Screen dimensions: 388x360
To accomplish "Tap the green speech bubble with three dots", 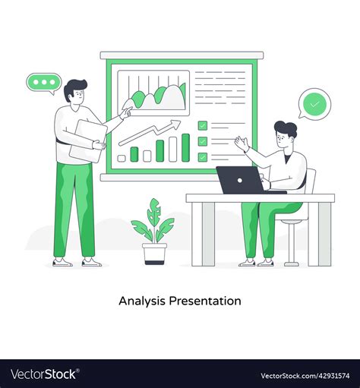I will (x=43, y=82).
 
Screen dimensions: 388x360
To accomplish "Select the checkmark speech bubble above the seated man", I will (x=314, y=103).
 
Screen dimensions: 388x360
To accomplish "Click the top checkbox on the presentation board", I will (x=203, y=125).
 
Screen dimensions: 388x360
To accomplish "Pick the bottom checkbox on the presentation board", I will (x=203, y=157).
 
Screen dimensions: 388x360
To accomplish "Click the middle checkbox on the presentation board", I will (x=203, y=141).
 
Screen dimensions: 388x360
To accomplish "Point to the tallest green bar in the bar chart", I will (x=185, y=147).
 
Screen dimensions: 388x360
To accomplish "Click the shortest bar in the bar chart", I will (x=122, y=159).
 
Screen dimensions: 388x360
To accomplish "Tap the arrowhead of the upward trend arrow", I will (x=177, y=123).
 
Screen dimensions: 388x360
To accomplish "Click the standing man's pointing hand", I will (x=126, y=112).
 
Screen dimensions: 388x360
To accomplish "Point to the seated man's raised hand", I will (x=242, y=143).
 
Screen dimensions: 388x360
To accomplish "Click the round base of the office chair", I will (x=291, y=263).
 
